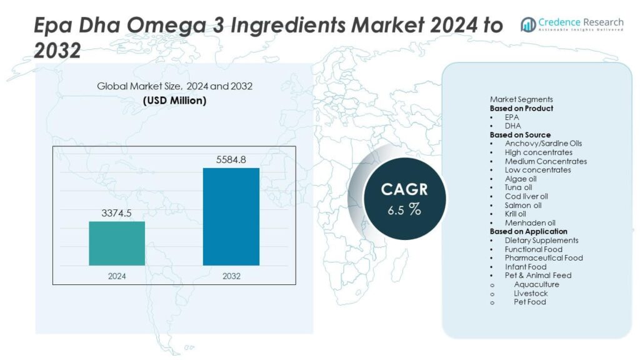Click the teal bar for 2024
117,243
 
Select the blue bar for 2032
231,216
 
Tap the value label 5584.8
231,160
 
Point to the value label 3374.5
117,213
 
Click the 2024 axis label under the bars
117,276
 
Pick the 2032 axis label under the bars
231,276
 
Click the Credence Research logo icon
529,24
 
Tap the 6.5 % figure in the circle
404,210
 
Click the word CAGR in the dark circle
404,189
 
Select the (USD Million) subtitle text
174,100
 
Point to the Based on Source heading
520,135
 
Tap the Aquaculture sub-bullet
536,284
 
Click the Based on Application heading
528,232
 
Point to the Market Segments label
521,99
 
